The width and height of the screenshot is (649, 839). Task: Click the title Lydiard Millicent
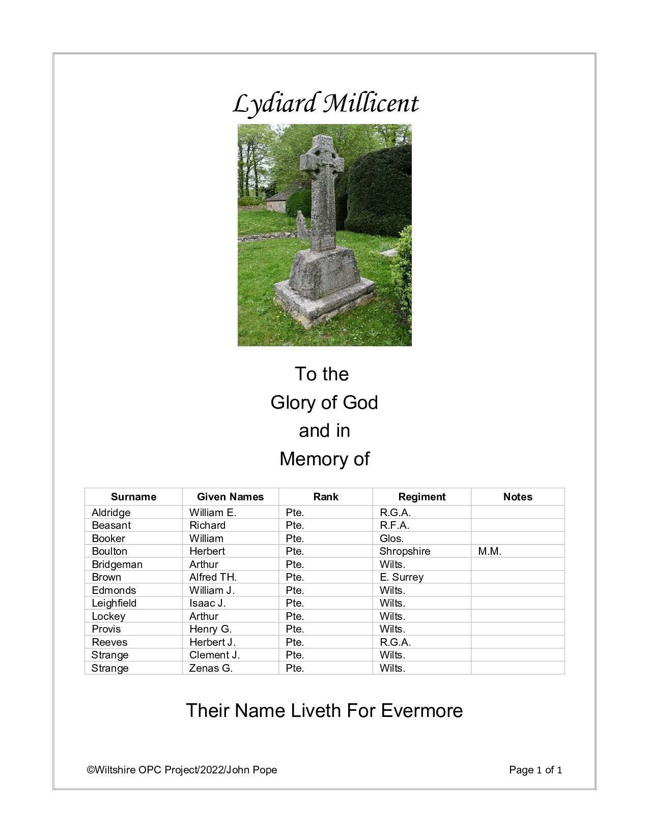coord(325,104)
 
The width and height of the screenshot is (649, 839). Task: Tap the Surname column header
coord(133,497)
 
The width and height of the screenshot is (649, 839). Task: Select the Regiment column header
coord(421,497)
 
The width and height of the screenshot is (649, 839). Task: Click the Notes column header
coord(517,497)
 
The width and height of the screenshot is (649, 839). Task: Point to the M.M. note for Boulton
coord(490,551)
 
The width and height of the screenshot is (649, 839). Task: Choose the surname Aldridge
coord(111,513)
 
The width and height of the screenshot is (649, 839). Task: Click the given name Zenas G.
coord(211,668)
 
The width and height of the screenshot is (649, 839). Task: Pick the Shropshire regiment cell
coord(405,551)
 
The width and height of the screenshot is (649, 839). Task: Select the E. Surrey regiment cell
coord(401,577)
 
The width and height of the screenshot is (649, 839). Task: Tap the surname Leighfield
coord(114,603)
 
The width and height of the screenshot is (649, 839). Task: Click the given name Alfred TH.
coord(213,577)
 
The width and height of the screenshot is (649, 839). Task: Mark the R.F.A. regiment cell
coord(394,525)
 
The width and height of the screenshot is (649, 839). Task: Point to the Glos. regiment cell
coord(391,538)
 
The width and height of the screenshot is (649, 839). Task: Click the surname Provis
coord(106,629)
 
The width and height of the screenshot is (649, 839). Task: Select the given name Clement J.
coord(214,655)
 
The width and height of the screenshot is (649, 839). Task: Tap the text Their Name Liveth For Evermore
coord(324,710)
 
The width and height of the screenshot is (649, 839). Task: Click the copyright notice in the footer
coord(182,770)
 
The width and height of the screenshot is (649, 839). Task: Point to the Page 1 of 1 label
coord(535,770)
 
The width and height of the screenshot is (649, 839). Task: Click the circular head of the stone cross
coord(322,157)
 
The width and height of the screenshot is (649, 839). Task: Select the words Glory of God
coord(324,402)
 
